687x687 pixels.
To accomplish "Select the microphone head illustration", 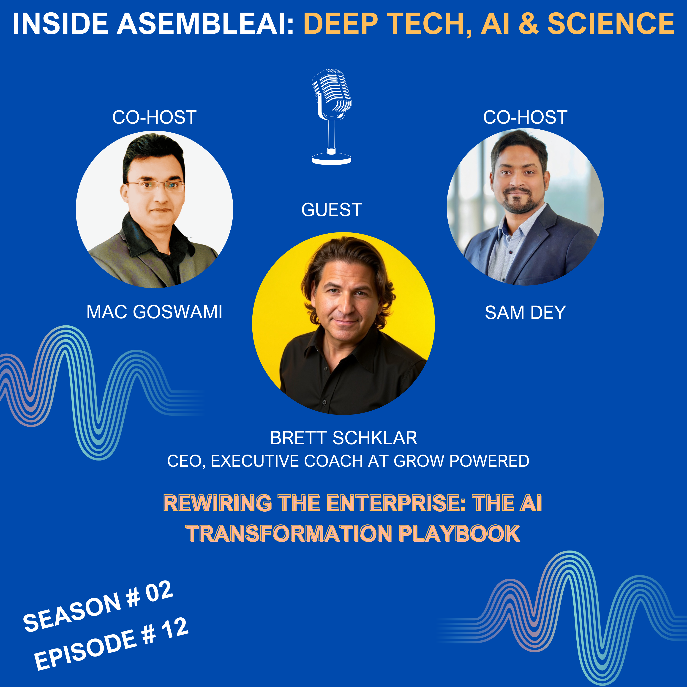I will pyautogui.click(x=331, y=93).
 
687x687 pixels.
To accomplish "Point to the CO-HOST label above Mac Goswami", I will pyautogui.click(x=154, y=117).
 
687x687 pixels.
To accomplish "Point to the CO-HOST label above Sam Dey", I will pyautogui.click(x=525, y=117).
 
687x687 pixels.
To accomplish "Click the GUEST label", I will pyautogui.click(x=331, y=210).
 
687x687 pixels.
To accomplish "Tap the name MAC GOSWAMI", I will pyautogui.click(x=154, y=312).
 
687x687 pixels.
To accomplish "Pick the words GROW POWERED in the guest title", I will pyautogui.click(x=461, y=461).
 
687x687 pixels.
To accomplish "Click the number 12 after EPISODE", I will pyautogui.click(x=174, y=629).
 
